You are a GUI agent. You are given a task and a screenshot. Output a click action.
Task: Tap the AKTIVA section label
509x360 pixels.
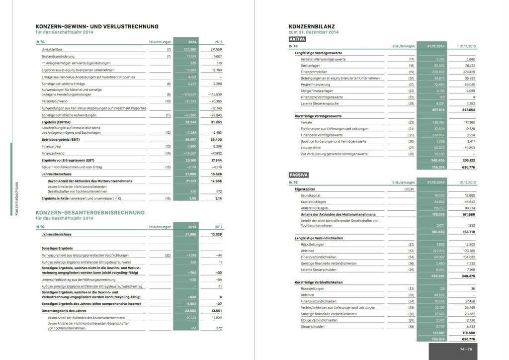(297, 39)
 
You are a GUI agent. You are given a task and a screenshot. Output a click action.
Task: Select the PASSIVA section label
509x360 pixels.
(299, 176)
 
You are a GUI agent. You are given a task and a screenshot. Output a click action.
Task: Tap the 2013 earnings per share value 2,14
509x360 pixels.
(217, 198)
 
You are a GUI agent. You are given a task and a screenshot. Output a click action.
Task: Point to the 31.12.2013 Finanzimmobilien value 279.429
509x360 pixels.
(468, 72)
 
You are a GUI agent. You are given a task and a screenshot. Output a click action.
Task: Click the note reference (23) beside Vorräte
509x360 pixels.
(411, 122)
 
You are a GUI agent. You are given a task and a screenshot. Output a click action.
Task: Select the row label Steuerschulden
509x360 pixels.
(312, 327)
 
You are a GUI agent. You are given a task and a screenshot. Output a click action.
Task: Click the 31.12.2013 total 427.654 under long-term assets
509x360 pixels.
(468, 109)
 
